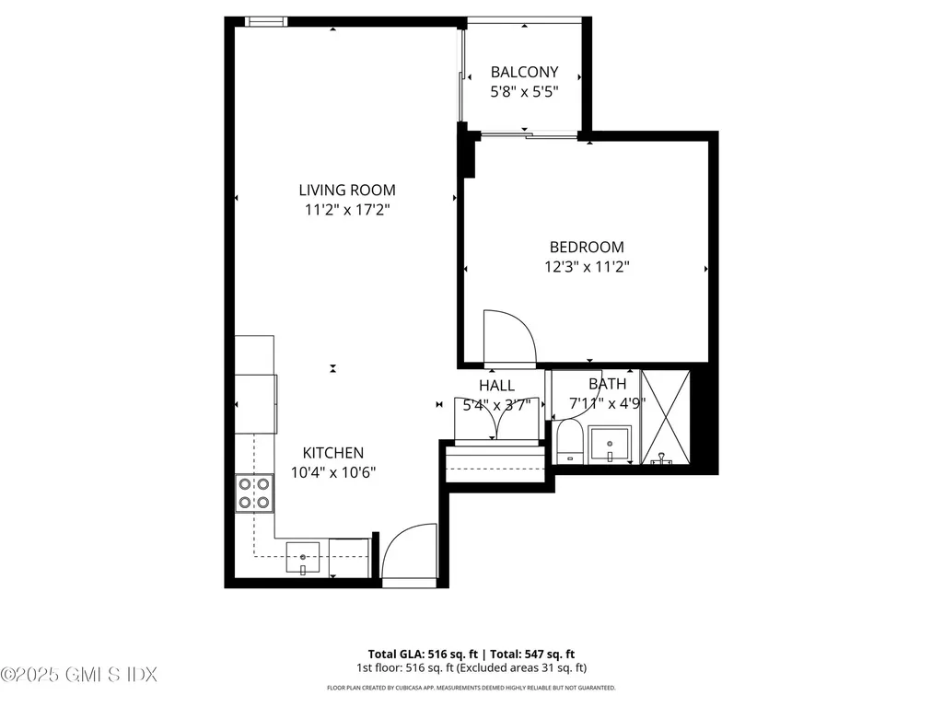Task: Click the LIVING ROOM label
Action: point(346,191)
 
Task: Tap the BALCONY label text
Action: point(524,72)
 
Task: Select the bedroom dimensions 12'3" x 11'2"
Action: point(587,267)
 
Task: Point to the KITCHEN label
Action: point(333,453)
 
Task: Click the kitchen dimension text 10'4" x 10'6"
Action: point(333,472)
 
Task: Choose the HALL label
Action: point(496,386)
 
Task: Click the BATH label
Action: point(607,384)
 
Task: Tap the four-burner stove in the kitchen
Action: point(254,493)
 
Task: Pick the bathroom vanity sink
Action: point(610,445)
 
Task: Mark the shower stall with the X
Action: point(665,416)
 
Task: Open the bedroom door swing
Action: point(507,337)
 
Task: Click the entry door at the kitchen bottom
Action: point(409,556)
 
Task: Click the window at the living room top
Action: point(266,21)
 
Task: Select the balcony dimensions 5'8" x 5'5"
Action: point(524,92)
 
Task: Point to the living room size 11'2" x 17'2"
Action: point(346,210)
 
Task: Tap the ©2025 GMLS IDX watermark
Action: point(77,675)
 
